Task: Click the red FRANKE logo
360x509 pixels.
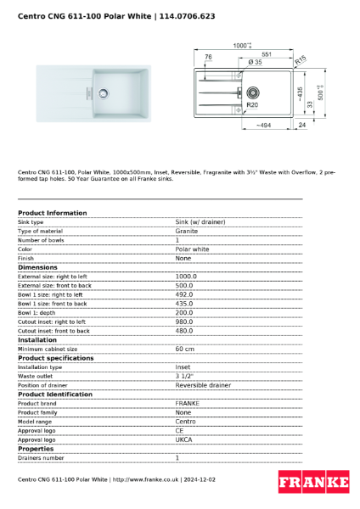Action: tap(313, 482)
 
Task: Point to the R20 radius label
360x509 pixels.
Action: tap(252, 104)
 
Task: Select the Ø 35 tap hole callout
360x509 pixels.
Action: tap(255, 63)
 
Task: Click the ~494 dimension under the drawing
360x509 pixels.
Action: tap(263, 125)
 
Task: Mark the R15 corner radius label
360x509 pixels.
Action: tap(300, 61)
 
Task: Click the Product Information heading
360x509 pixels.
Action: tap(52, 213)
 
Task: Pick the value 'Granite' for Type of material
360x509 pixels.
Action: tap(187, 231)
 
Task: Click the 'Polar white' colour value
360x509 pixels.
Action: tap(192, 249)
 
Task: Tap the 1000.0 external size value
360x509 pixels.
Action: tap(186, 276)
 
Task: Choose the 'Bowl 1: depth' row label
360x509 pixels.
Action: tap(38, 312)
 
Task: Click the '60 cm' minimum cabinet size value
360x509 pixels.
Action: tap(184, 349)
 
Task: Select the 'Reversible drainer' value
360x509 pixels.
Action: tap(203, 385)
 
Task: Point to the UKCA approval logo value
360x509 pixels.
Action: tap(184, 439)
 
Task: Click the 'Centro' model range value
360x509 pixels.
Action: tap(185, 422)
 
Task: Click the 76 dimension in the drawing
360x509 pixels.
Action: tap(209, 56)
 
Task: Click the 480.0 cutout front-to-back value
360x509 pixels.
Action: tap(185, 331)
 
